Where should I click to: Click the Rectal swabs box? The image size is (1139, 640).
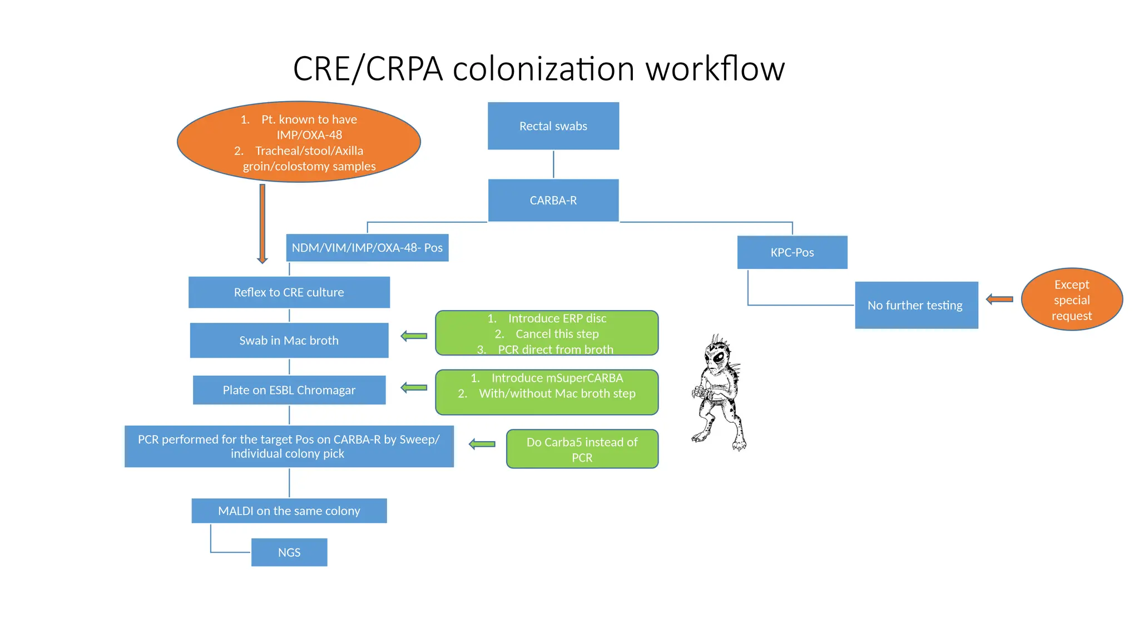tap(553, 126)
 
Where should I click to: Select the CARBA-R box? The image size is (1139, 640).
tap(553, 201)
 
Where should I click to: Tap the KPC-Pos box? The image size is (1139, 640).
tap(792, 253)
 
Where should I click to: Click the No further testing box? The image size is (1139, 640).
tap(916, 305)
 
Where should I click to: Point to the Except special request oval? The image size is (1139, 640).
tap(1071, 300)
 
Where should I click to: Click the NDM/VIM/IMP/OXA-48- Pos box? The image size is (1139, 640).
tap(367, 248)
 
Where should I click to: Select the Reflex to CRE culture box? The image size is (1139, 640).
tap(289, 292)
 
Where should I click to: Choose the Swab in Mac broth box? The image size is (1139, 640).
tap(289, 341)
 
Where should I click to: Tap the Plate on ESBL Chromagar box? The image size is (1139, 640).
tap(289, 390)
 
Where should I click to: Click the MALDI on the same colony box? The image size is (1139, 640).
tap(289, 511)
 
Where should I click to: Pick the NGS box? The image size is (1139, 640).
tap(289, 552)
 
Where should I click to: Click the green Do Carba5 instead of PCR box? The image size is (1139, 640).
tap(582, 449)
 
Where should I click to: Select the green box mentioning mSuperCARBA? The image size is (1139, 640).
tap(546, 392)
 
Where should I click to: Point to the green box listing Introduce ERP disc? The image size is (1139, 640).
tap(546, 333)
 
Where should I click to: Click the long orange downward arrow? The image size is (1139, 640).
tap(263, 222)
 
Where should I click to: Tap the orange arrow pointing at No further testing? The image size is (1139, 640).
tap(999, 299)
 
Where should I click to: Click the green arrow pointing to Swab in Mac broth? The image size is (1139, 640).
tap(414, 336)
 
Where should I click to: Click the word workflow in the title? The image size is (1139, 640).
tap(715, 69)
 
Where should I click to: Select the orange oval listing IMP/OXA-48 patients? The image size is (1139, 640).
tap(299, 142)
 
